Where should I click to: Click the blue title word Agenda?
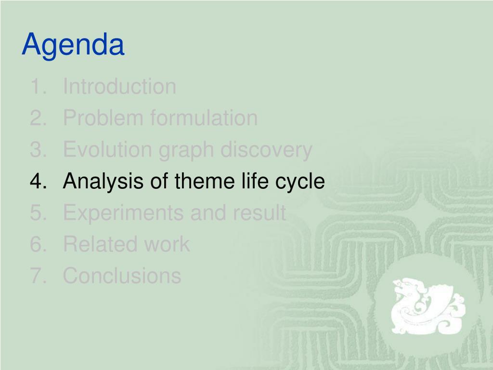coord(73,45)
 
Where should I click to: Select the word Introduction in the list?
coord(119,86)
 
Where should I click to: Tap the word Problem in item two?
coord(103,118)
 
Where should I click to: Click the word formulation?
coord(204,118)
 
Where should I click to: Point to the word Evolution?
coord(107,149)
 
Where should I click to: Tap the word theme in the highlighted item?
coord(204,181)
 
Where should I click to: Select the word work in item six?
coord(167,244)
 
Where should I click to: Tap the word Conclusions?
coord(122,275)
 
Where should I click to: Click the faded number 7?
coord(36,275)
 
